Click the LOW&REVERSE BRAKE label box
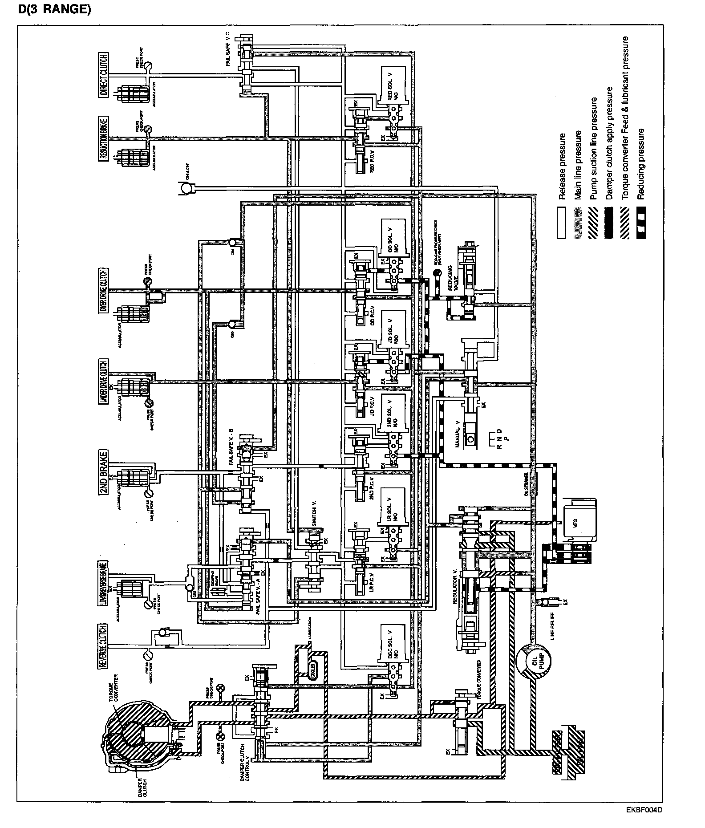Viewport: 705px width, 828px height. (103, 583)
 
